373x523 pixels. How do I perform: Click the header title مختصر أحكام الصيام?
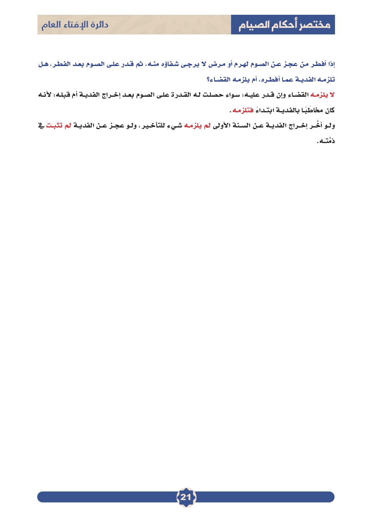point(283,25)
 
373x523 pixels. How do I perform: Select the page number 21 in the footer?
point(186,498)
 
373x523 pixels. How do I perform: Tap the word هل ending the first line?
point(43,65)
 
